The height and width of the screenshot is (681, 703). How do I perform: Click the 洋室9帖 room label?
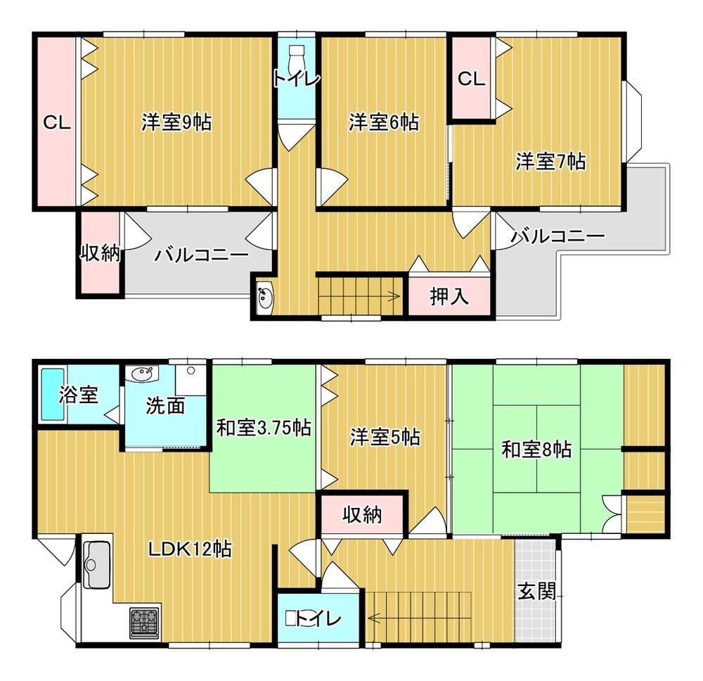click(x=176, y=122)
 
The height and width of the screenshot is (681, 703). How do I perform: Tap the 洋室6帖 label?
click(x=385, y=122)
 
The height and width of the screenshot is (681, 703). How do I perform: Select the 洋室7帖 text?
click(x=550, y=162)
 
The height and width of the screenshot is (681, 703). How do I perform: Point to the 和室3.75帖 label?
click(x=264, y=428)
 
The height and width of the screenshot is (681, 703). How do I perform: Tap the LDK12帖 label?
click(x=190, y=549)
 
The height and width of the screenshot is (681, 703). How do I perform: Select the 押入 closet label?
click(x=449, y=296)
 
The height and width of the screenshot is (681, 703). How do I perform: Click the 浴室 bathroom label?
click(x=79, y=395)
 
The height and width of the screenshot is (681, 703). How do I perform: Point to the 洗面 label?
click(x=165, y=406)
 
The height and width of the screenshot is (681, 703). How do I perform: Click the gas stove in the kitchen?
click(x=144, y=623)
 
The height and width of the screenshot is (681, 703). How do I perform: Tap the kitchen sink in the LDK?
click(x=97, y=564)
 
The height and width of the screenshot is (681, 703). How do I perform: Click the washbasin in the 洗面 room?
click(x=142, y=373)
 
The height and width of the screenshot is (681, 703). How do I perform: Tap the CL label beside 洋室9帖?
click(x=57, y=122)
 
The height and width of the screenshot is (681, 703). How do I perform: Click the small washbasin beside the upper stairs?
click(x=265, y=296)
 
